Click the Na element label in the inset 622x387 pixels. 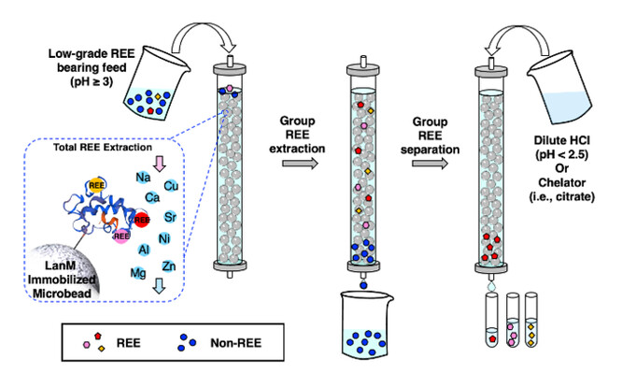145,177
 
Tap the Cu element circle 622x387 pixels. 171,186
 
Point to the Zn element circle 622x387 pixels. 169,267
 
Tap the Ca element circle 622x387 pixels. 151,197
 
